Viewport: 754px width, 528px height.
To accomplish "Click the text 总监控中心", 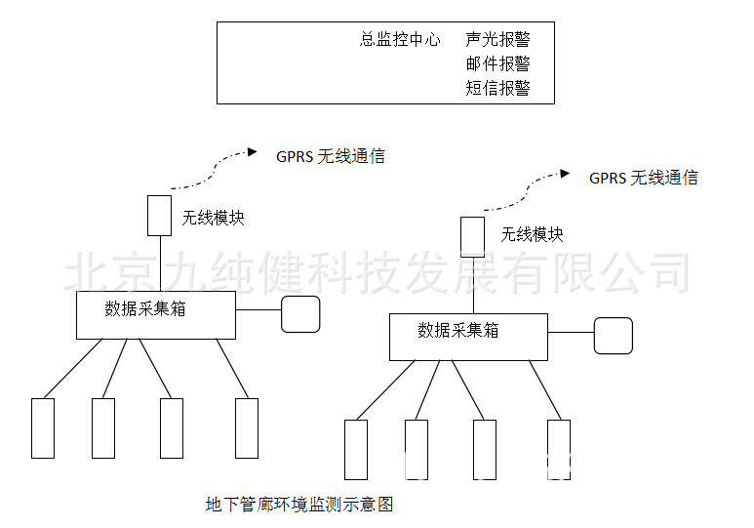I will [x=400, y=40].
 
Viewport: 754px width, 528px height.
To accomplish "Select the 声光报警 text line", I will [x=497, y=40].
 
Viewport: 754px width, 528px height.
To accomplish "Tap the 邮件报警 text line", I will [x=497, y=64].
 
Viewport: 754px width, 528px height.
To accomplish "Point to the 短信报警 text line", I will [x=497, y=89].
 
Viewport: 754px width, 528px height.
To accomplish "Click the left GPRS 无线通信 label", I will [x=331, y=156].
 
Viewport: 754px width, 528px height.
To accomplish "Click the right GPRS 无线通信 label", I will [x=644, y=179].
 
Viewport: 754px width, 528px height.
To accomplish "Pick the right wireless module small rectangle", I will [x=473, y=235].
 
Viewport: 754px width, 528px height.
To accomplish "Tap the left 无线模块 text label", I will [x=213, y=218].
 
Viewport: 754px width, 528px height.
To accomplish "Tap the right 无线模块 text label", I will [x=532, y=235].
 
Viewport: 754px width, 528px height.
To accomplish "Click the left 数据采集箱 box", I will [x=156, y=314].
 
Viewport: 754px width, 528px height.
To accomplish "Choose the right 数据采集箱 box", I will [x=468, y=336].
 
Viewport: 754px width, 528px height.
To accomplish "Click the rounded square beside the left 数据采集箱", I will [x=300, y=313].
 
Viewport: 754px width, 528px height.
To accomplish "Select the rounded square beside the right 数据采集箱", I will [x=614, y=335].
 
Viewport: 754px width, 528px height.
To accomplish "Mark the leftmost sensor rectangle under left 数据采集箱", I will [x=43, y=427].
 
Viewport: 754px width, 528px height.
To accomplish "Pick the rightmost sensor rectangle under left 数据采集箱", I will [x=247, y=427].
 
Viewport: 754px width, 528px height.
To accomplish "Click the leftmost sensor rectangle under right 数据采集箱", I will [x=356, y=449].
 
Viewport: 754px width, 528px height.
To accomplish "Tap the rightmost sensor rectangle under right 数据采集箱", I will [x=558, y=449].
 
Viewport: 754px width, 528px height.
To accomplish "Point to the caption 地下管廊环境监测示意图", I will [x=298, y=505].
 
